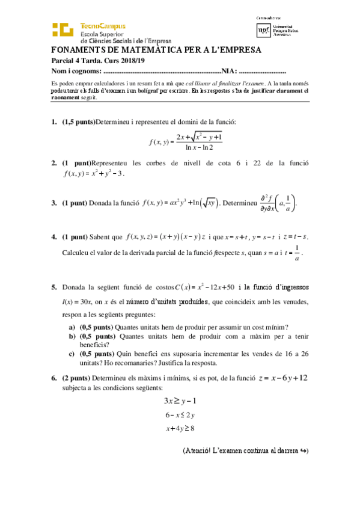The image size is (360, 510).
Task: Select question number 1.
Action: point(54,122)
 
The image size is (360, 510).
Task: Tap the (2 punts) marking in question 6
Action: point(78,378)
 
